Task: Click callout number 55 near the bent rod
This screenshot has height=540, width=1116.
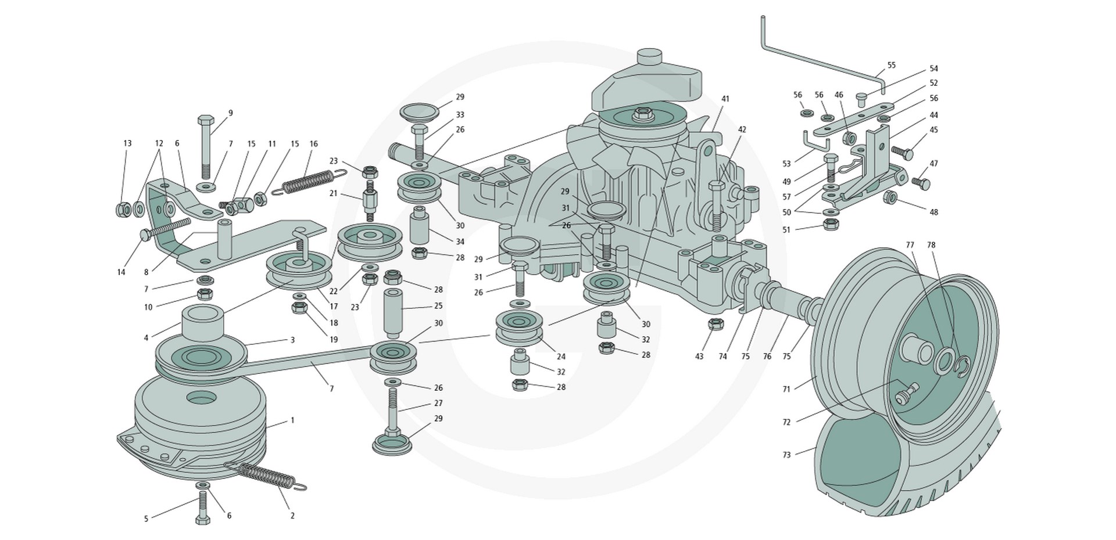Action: point(892,65)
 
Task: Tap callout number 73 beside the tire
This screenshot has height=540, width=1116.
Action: point(786,455)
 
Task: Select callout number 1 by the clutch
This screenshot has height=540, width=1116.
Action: point(292,420)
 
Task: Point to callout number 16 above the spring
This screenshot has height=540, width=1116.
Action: point(314,144)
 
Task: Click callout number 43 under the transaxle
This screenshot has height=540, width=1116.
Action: point(699,356)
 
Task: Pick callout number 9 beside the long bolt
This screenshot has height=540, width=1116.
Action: point(230,113)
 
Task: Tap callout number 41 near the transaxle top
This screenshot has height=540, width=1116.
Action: point(725,99)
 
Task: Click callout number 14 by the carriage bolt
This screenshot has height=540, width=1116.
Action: point(121,272)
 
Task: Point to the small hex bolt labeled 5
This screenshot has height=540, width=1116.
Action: point(203,508)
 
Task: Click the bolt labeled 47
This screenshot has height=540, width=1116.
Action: point(921,183)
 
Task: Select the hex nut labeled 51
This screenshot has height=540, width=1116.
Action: point(831,224)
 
